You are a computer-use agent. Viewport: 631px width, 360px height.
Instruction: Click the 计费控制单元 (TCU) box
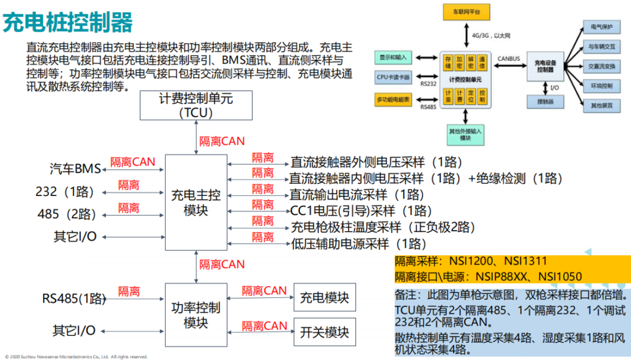point(196,105)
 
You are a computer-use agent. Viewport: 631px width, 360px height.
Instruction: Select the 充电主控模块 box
point(196,202)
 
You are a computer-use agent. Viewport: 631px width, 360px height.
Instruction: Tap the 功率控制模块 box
point(196,314)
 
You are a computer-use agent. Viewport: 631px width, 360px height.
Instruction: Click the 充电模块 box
point(325,298)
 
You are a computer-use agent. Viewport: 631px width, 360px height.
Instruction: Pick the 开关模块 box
point(325,333)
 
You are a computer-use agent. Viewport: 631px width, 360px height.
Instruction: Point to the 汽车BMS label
point(75,169)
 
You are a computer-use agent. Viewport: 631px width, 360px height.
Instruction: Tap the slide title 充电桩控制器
point(68,23)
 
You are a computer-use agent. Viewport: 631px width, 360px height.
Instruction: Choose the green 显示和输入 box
point(393,57)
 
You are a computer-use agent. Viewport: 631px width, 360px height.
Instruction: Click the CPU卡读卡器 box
point(393,77)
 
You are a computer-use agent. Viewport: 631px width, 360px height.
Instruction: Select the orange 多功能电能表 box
point(393,99)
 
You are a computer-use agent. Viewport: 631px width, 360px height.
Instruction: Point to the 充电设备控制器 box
point(544,66)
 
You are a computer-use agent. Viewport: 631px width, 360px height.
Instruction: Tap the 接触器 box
point(544,100)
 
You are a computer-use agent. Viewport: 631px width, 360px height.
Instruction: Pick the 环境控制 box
point(601,86)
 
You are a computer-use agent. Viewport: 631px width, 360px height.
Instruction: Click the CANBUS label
point(509,59)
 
